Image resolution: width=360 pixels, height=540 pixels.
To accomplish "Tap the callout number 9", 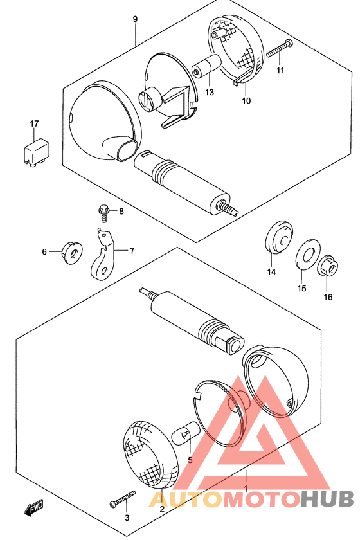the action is coord(135,19).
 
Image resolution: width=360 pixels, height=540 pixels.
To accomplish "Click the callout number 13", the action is coord(210,92).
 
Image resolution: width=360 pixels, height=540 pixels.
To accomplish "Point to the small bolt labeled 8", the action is coord(104,213).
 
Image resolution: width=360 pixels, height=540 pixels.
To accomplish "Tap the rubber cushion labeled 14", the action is coord(278,237).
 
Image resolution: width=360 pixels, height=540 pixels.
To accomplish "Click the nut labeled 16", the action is coord(328,266).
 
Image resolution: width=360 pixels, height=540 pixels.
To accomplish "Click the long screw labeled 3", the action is coord(122,498).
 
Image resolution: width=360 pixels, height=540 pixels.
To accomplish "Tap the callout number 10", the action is coord(246,100).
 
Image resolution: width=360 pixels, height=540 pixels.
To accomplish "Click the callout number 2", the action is coord(162,509).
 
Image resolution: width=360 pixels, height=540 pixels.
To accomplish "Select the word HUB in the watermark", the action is coord(327,499).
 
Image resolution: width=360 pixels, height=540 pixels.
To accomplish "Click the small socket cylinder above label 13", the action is coord(206,67).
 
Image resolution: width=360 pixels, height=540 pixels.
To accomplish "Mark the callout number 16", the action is coord(328,296).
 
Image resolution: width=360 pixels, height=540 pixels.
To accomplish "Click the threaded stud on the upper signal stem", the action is coord(228,208).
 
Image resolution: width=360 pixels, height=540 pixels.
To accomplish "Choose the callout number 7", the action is coord(132,251).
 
